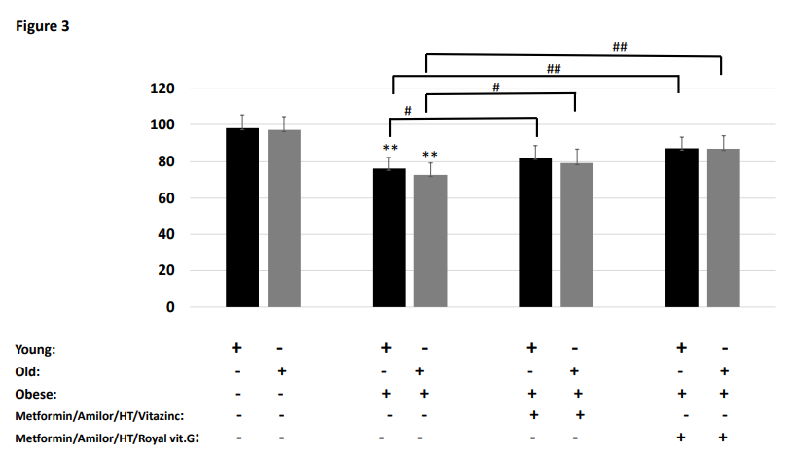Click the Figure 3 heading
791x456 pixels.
[x=42, y=26]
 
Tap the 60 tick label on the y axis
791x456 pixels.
[x=165, y=198]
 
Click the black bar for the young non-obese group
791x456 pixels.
[x=242, y=218]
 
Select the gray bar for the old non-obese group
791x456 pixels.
[x=283, y=219]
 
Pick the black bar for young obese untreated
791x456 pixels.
[x=389, y=238]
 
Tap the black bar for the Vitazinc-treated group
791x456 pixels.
[x=535, y=232]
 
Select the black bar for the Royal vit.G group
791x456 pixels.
[x=681, y=228]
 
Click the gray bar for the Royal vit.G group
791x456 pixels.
[x=723, y=228]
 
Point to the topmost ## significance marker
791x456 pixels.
[x=620, y=47]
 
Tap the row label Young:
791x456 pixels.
[x=36, y=348]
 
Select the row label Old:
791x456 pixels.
[x=30, y=370]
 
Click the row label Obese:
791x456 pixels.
[x=36, y=394]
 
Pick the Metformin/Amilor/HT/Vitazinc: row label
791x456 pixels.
[x=99, y=416]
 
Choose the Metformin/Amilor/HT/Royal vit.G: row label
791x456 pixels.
[x=106, y=438]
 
